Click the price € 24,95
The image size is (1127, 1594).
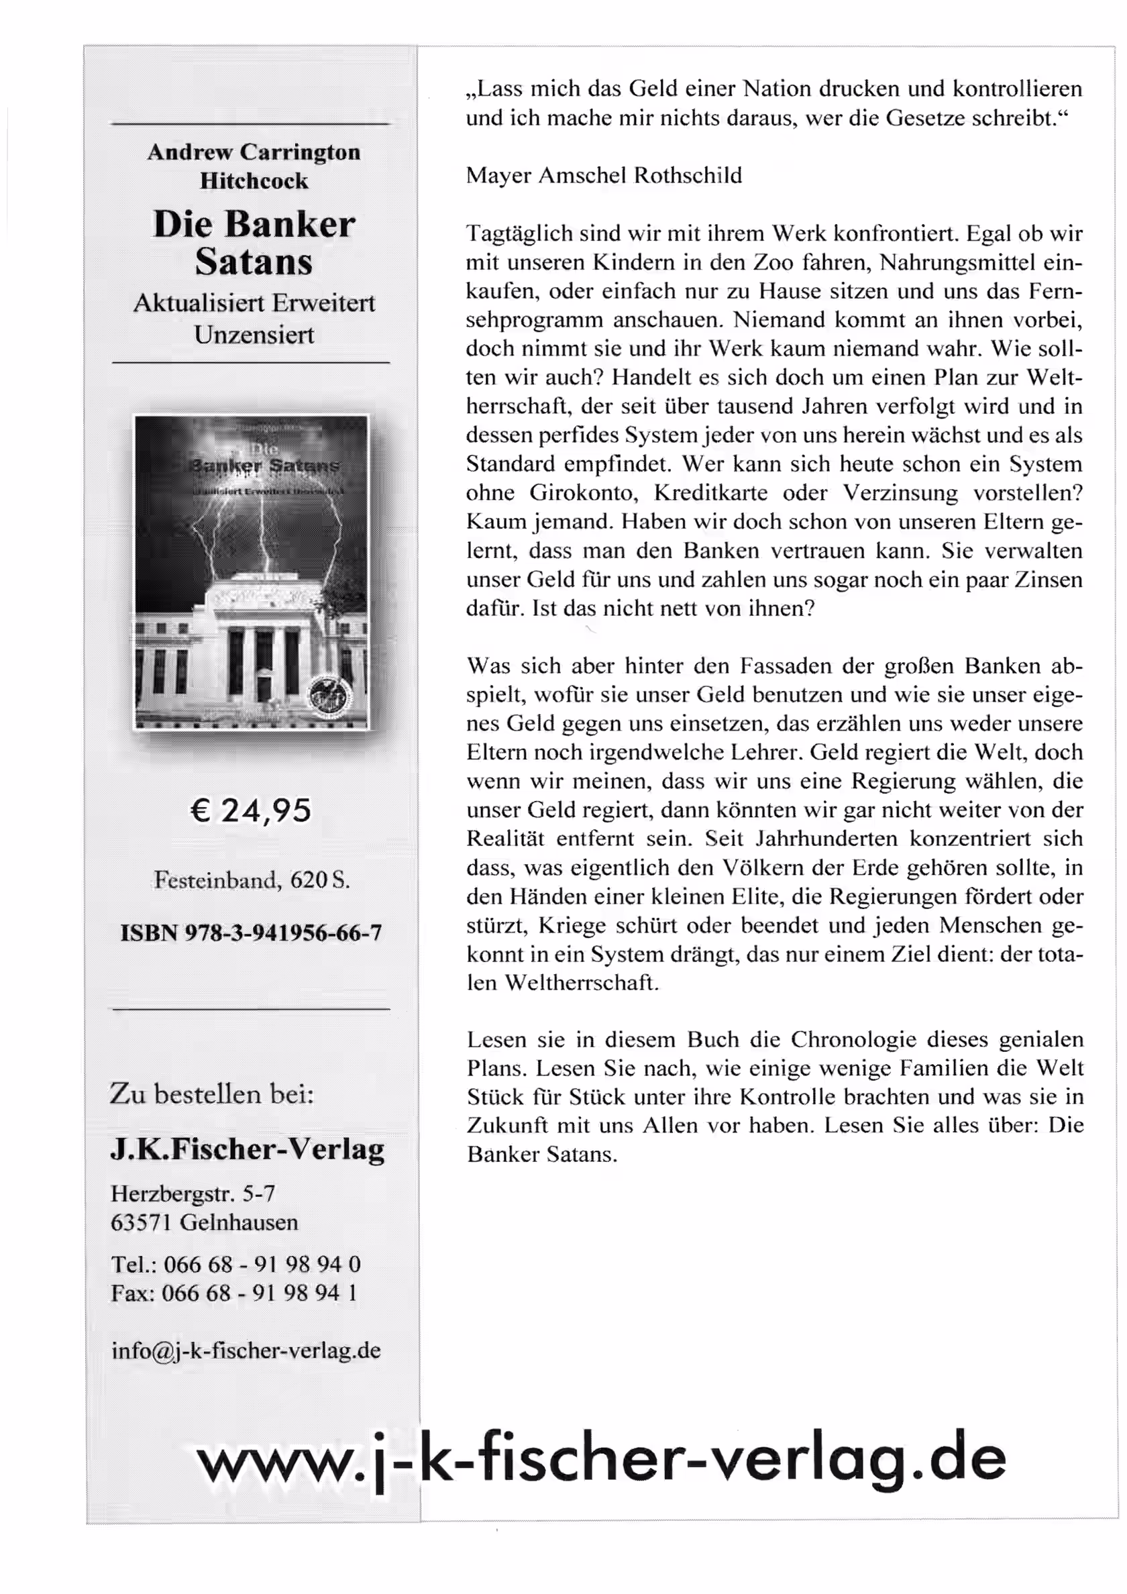point(251,810)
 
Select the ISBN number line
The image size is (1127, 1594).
point(251,933)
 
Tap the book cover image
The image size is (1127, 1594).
point(251,572)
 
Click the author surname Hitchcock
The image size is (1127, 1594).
point(254,180)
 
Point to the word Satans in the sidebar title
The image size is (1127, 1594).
point(254,262)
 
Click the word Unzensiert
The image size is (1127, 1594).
point(254,335)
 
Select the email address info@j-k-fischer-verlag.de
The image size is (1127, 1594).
point(246,1350)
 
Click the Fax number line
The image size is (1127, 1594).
point(234,1293)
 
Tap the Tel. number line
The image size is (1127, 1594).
point(235,1264)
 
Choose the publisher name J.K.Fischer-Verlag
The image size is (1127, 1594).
point(248,1149)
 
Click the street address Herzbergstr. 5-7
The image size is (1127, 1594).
point(193,1193)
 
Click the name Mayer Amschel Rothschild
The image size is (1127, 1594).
point(604,175)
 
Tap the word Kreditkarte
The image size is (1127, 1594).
point(710,493)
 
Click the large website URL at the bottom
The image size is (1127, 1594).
point(600,1459)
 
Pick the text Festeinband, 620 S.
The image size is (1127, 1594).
point(252,880)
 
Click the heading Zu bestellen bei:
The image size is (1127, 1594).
point(212,1095)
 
